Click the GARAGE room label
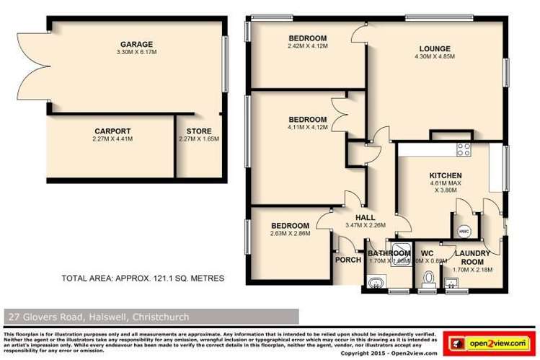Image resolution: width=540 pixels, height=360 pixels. (136, 43)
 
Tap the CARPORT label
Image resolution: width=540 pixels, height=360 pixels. (112, 131)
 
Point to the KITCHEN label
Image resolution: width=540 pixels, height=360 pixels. (445, 176)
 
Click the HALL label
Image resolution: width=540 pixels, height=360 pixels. (365, 217)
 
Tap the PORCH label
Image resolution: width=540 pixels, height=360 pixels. (348, 260)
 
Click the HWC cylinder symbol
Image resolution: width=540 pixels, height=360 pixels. (464, 232)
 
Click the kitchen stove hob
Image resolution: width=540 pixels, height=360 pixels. (461, 151)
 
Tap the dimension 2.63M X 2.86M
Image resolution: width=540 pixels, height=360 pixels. (290, 234)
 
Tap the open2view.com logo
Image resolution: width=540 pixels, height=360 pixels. (487, 340)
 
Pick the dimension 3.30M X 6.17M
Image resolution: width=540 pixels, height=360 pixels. (136, 52)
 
